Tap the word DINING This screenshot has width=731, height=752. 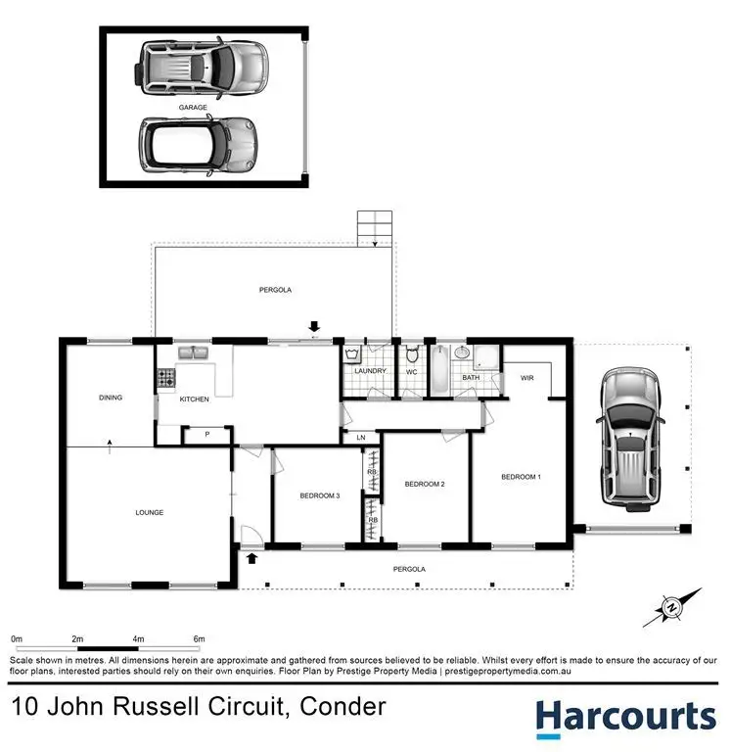click(x=110, y=398)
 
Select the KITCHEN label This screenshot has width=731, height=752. click(x=194, y=399)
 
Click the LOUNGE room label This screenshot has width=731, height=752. click(x=149, y=512)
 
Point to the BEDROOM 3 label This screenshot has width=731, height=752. click(x=319, y=495)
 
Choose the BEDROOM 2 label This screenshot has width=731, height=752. click(x=425, y=484)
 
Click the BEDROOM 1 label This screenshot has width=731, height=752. click(x=521, y=477)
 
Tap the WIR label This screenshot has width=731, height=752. click(x=526, y=377)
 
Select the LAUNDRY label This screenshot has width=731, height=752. click(x=369, y=371)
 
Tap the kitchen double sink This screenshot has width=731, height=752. click(x=191, y=352)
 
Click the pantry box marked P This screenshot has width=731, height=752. click(x=207, y=434)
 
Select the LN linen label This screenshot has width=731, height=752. click(x=361, y=437)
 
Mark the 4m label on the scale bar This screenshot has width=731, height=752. click(x=138, y=638)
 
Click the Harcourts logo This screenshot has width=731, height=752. click(x=624, y=717)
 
